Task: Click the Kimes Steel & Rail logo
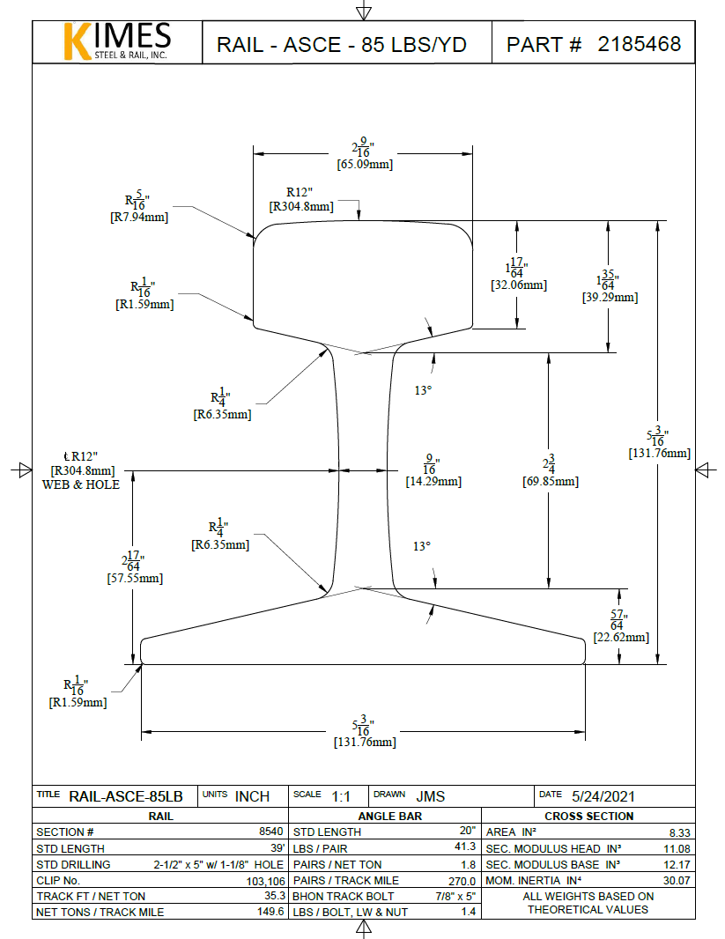coord(117,41)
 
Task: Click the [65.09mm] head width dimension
coord(365,164)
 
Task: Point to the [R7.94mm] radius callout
coord(138,217)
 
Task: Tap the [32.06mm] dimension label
coord(518,285)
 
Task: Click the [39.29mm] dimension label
coord(610,298)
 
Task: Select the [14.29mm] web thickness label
coord(433,482)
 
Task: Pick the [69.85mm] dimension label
coord(550,482)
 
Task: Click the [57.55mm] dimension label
coord(135,579)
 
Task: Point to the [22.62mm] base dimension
coord(621,637)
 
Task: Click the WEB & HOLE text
coord(81,484)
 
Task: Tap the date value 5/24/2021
coord(603,796)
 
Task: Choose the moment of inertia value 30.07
coord(677,880)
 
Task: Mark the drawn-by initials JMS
coord(430,796)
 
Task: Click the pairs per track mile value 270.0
coord(462,880)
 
